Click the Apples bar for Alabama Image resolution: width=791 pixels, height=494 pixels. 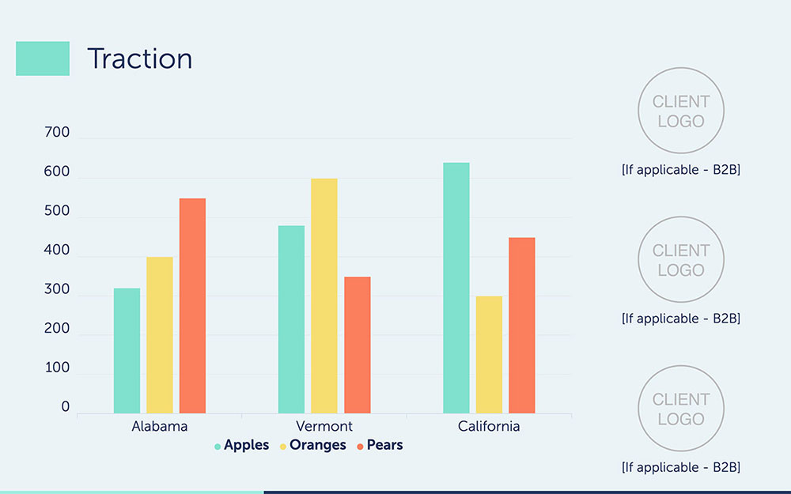point(127,351)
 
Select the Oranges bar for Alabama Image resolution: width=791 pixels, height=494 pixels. point(160,335)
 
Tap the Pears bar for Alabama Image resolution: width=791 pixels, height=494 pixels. point(193,306)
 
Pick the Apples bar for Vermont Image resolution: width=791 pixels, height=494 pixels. point(292,319)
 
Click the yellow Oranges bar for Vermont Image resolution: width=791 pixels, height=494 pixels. point(324,296)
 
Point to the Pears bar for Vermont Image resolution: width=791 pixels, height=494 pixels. point(358,345)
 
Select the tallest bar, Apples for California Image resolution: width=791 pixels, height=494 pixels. point(456,288)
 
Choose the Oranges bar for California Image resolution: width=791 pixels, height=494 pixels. point(490,355)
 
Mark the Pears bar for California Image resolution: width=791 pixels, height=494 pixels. point(522,326)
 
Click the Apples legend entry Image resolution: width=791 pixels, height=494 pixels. point(241,445)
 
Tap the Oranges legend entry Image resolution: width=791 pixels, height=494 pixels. point(312,445)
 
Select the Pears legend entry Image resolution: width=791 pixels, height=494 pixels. point(380,445)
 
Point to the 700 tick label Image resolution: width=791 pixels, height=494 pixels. point(57,132)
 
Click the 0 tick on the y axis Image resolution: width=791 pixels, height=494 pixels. point(66,407)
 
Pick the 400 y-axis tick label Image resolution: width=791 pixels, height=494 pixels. point(57,250)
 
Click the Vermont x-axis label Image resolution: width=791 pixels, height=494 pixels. point(324,427)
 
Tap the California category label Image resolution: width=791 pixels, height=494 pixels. point(489,427)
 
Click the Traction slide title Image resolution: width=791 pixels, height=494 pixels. point(140,58)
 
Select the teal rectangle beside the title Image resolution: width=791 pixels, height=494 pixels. point(43,58)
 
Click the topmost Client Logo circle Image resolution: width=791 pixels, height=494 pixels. point(681,68)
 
